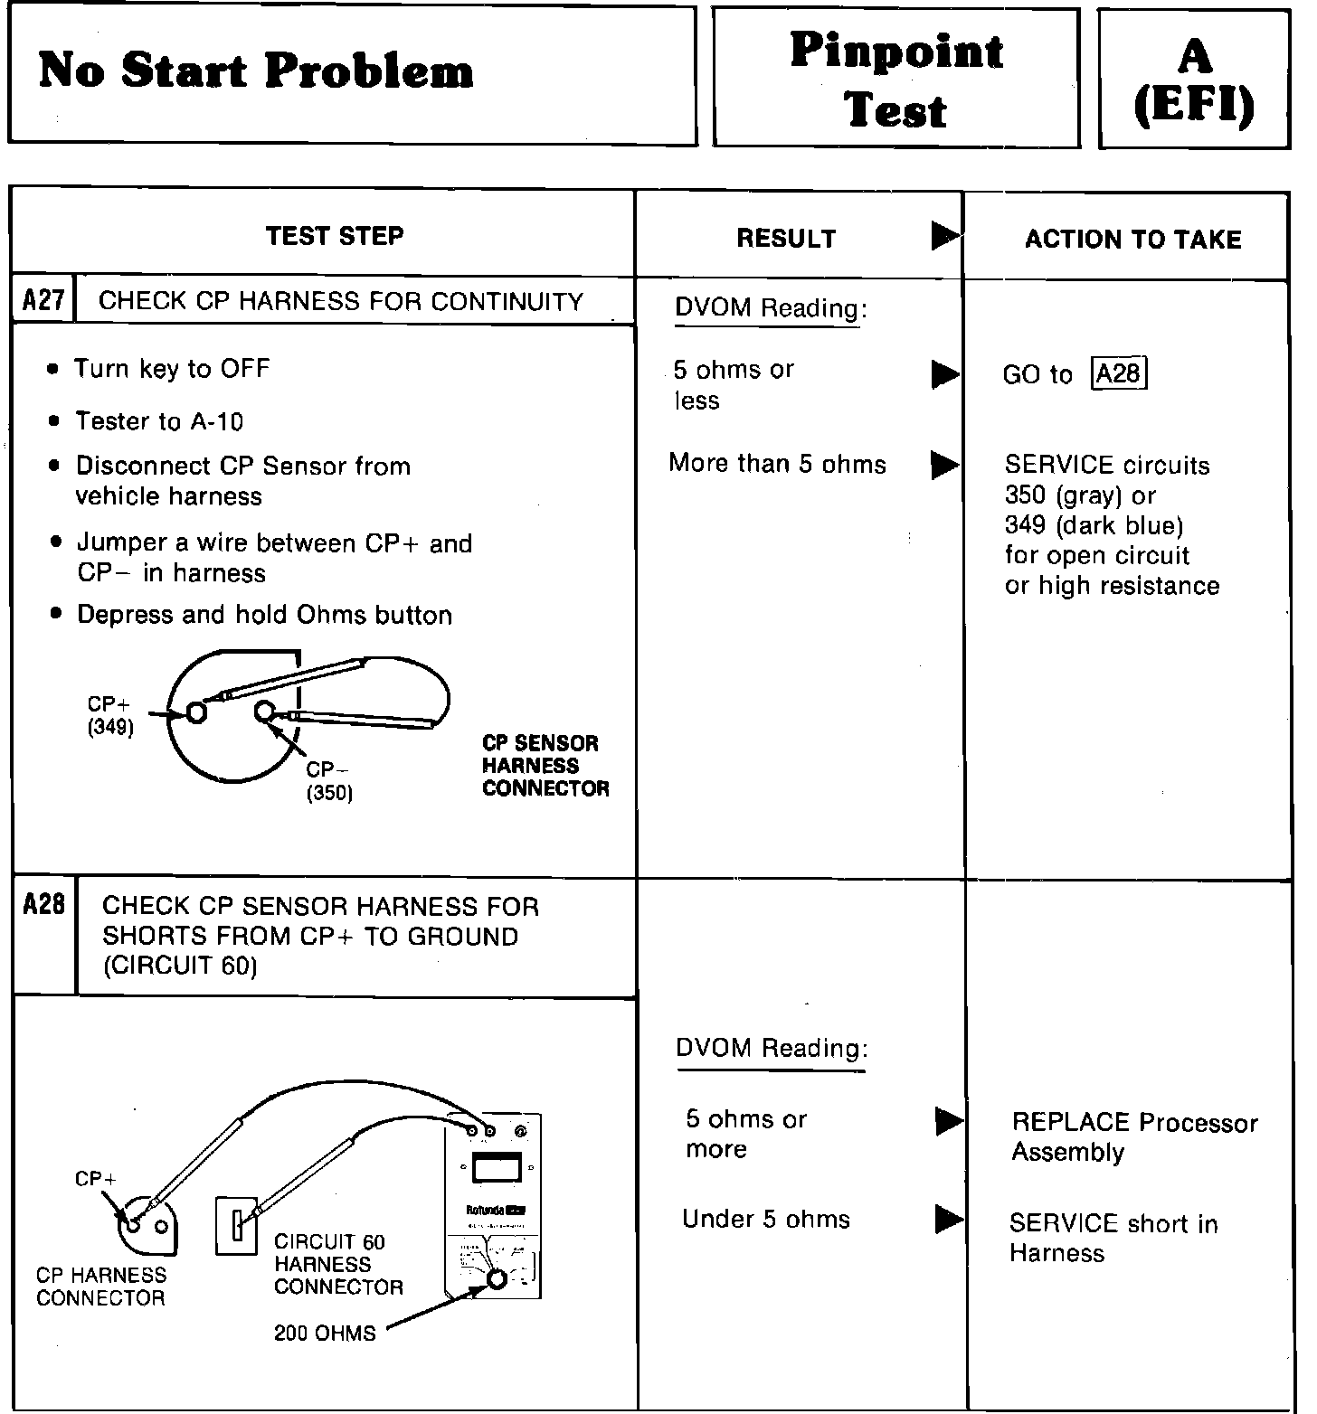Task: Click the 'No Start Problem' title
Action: click(256, 71)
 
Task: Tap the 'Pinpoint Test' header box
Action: click(895, 79)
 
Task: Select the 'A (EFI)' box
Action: click(1193, 80)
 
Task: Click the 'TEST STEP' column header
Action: click(335, 236)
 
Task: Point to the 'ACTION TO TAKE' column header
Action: click(1132, 240)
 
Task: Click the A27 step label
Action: click(43, 300)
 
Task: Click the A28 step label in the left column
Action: click(43, 904)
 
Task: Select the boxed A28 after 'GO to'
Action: click(1118, 373)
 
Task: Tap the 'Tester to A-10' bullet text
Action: click(159, 421)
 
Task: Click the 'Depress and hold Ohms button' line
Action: click(264, 615)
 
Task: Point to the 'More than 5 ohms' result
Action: click(777, 464)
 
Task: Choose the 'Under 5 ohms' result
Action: click(766, 1219)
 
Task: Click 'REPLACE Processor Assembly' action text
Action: click(1134, 1136)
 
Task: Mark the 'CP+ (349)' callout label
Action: click(110, 715)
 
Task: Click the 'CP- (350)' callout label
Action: click(328, 781)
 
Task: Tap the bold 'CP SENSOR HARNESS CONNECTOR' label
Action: click(545, 766)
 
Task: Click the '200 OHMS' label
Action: click(325, 1333)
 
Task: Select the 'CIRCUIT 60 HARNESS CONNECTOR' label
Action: click(338, 1264)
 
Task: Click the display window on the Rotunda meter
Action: click(497, 1169)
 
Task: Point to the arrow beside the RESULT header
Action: click(944, 237)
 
